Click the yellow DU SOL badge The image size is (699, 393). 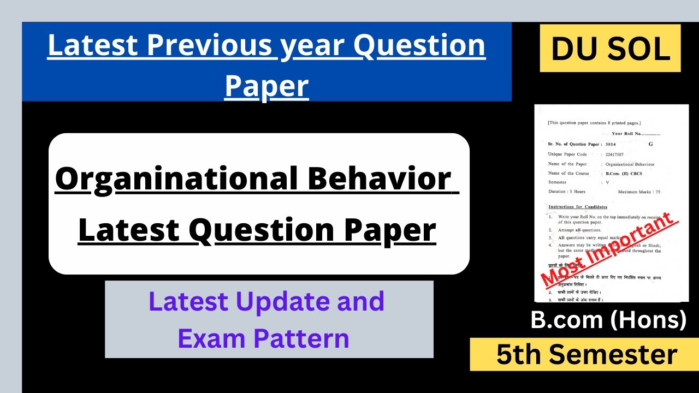click(610, 49)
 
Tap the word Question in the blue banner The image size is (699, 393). click(419, 46)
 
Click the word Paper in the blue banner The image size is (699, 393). click(266, 86)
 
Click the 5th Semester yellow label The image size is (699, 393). click(587, 354)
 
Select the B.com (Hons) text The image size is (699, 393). click(608, 320)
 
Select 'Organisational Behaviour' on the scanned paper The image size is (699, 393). click(630, 164)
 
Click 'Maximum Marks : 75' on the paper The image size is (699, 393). click(639, 192)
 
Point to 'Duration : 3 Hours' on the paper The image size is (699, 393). click(567, 192)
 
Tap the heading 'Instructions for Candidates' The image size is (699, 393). click(577, 207)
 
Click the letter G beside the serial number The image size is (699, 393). click(650, 144)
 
